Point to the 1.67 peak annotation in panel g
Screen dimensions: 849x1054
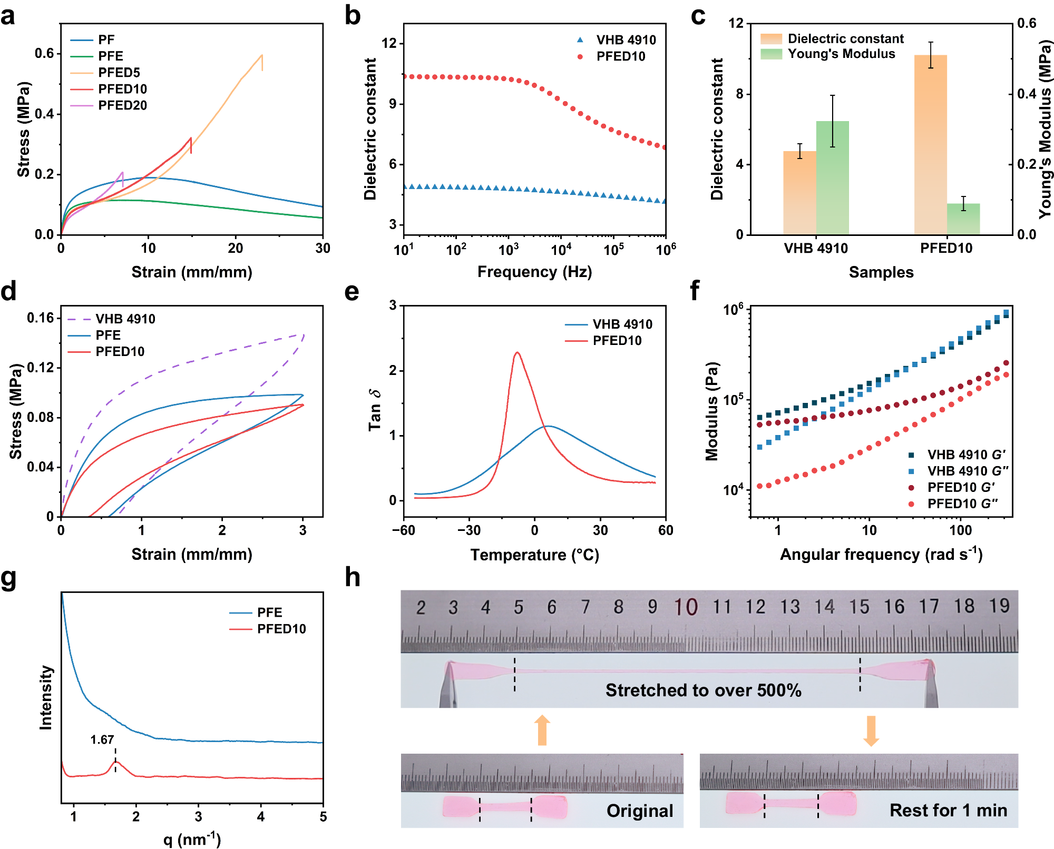pyautogui.click(x=102, y=740)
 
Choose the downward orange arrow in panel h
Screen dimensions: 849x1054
pyautogui.click(x=871, y=730)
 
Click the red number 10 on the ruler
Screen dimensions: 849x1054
pyautogui.click(x=686, y=607)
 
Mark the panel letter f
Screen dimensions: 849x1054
pyautogui.click(x=695, y=291)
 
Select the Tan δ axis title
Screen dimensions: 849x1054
pyautogui.click(x=374, y=410)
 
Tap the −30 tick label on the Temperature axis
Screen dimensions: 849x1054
pyautogui.click(x=469, y=530)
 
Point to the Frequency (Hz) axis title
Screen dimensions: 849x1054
pyautogui.click(x=534, y=272)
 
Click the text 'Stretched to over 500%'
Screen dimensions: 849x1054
pyautogui.click(x=703, y=690)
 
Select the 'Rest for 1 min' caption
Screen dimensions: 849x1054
pyautogui.click(x=948, y=810)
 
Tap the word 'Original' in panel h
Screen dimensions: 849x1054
pyautogui.click(x=640, y=811)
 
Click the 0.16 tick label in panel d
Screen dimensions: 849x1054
pyautogui.click(x=41, y=318)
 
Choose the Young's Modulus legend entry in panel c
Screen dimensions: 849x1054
pyautogui.click(x=841, y=54)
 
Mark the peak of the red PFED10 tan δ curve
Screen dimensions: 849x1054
pyautogui.click(x=517, y=352)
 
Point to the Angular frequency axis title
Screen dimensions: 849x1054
pyautogui.click(x=881, y=555)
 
